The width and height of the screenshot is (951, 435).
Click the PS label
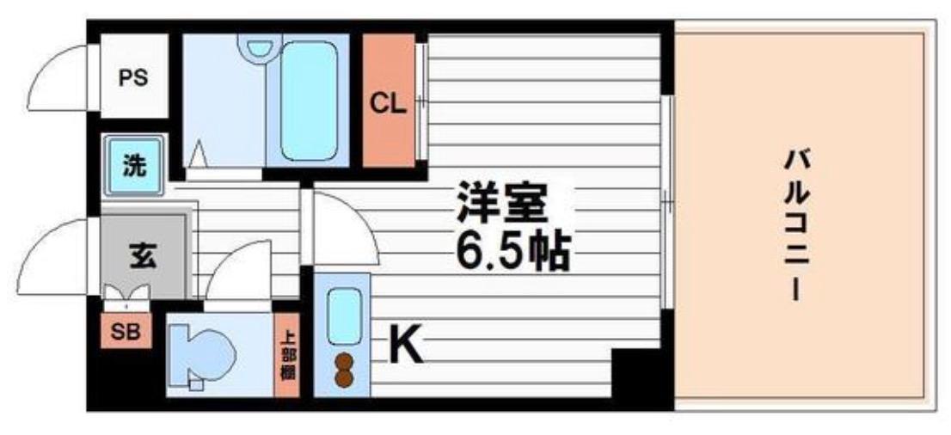coord(133,77)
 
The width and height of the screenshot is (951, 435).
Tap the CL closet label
coord(387,103)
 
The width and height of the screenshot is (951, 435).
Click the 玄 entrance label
coord(144,256)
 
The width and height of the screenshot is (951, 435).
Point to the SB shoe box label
coord(126,332)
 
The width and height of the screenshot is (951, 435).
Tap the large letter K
coord(408,346)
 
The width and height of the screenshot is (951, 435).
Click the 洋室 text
coord(501,205)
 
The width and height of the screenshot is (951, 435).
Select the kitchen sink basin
coord(344,315)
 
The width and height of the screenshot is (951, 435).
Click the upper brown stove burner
coord(344,361)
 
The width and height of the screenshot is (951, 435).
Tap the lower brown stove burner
coord(344,378)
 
